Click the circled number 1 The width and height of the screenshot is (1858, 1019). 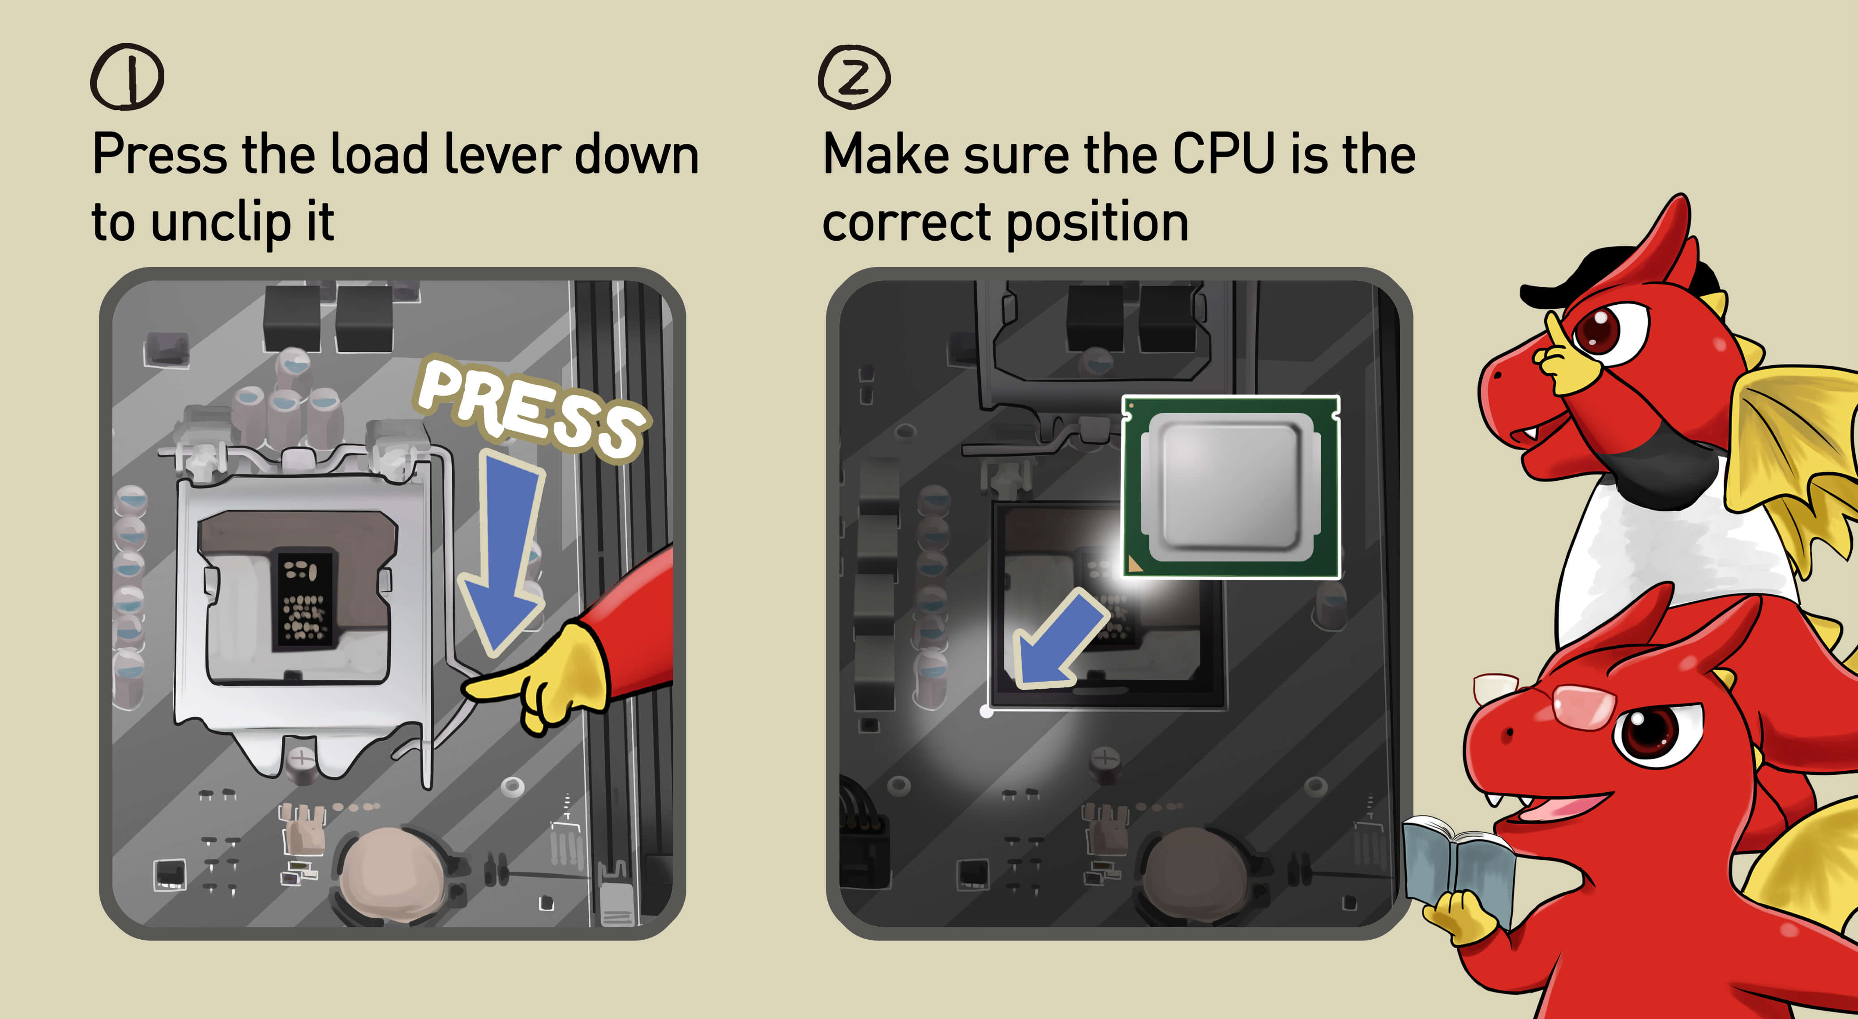[127, 77]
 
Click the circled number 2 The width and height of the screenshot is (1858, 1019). [854, 77]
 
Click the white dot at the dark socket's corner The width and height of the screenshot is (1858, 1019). [986, 712]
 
